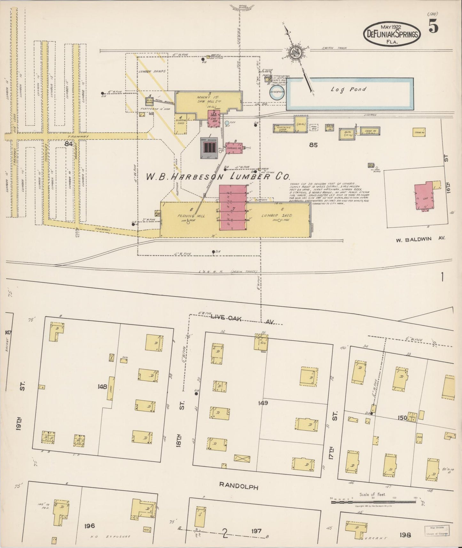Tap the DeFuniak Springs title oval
pyautogui.click(x=392, y=33)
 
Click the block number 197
pyautogui.click(x=256, y=531)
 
